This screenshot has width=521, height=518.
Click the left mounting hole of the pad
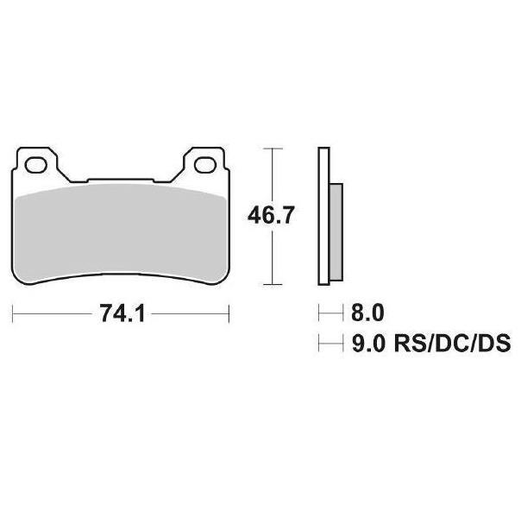click(36, 165)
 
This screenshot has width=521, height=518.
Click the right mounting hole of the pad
click(205, 165)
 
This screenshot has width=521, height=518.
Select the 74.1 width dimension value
click(122, 313)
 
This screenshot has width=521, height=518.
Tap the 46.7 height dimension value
click(271, 215)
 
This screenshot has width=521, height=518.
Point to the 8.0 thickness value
click(367, 313)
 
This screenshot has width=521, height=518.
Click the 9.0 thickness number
click(368, 343)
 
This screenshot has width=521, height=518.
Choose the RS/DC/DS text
click(452, 343)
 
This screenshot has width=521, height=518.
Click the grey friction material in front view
click(121, 233)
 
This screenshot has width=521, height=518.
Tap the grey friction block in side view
click(336, 232)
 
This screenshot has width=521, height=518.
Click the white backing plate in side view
click(323, 216)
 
